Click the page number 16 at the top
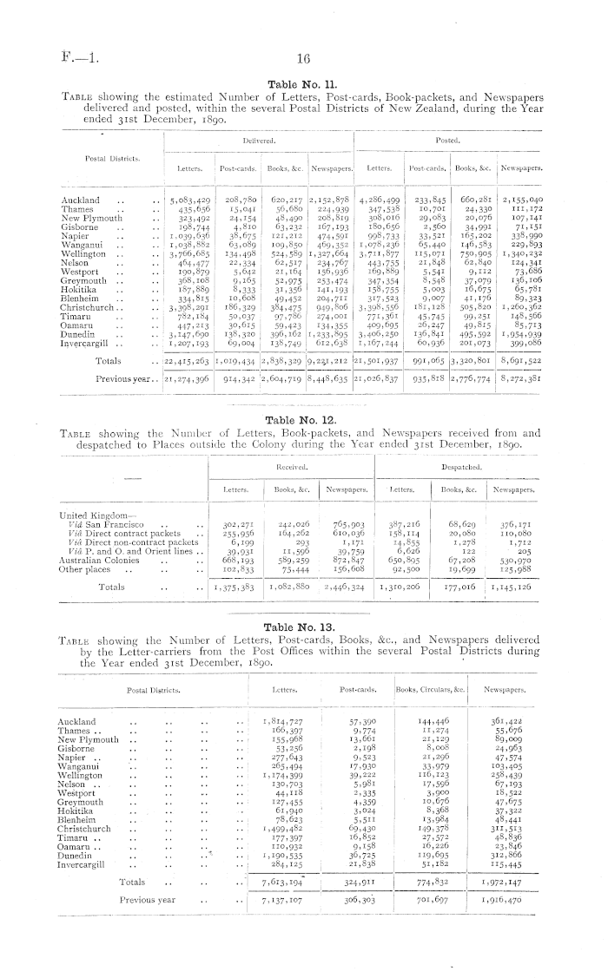303,59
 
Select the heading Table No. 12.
303,419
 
